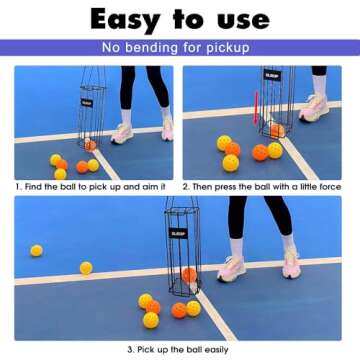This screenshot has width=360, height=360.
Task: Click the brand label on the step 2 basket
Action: coord(272,74)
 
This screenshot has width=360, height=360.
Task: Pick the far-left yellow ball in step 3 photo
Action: coord(37,250)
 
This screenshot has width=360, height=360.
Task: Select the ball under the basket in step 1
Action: coord(91,145)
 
